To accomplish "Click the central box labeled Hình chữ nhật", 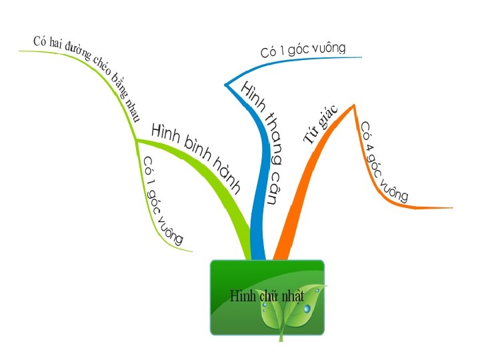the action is point(267,297).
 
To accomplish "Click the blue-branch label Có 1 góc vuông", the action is point(303,49).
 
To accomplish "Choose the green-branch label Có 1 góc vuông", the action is point(162,201).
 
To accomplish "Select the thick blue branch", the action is point(259,200).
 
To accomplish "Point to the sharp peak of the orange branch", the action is point(353,105).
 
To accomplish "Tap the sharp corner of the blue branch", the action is point(225,85).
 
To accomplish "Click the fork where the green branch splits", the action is point(137,140).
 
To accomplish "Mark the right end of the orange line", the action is point(452,208).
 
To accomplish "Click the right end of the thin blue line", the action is point(361,57).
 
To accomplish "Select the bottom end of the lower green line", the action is point(192,251).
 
